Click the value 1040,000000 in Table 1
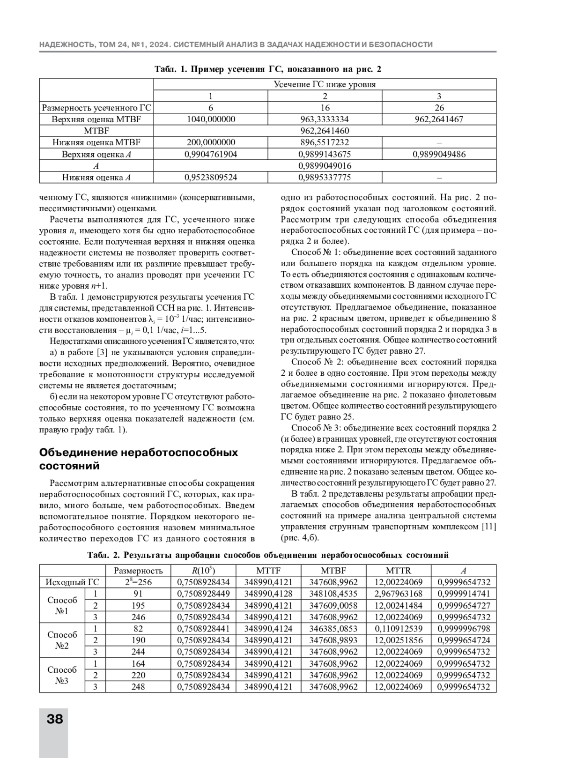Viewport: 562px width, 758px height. coord(211,119)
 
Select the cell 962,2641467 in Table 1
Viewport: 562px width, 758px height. coord(439,119)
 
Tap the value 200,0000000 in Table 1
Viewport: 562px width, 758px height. coord(211,142)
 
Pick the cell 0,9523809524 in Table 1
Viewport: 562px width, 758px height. coord(211,178)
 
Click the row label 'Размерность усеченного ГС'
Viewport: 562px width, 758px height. coord(96,108)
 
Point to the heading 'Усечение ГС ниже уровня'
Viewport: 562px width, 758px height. coord(325,84)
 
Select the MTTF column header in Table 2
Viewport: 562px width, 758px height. coord(268,571)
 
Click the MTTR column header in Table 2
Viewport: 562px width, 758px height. coord(398,571)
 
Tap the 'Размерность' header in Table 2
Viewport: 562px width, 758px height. coord(138,571)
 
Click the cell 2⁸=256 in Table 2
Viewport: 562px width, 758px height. coord(138,582)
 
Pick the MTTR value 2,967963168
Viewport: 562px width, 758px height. coord(398,594)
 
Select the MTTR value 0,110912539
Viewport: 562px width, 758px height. coord(398,629)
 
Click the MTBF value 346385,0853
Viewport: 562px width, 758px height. coord(333,629)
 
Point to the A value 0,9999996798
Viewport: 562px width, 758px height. coord(463,629)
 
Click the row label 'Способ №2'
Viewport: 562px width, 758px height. coord(62,640)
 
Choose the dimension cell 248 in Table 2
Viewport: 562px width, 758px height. coord(138,687)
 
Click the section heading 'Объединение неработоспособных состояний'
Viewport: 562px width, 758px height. coord(139,459)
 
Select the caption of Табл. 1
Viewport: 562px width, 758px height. coord(268,69)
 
